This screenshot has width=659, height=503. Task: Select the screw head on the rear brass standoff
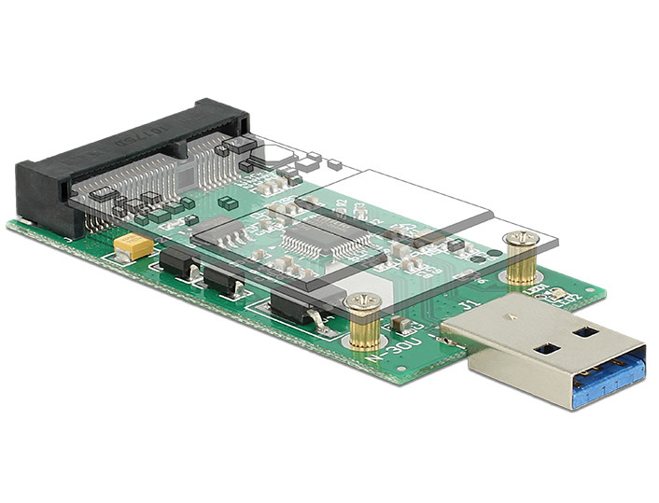[520, 239]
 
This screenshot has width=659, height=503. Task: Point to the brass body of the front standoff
[362, 326]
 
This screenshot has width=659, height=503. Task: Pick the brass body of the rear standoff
[521, 263]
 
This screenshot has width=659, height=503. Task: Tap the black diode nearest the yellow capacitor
[177, 264]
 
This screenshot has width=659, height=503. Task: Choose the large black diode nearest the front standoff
[293, 307]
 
